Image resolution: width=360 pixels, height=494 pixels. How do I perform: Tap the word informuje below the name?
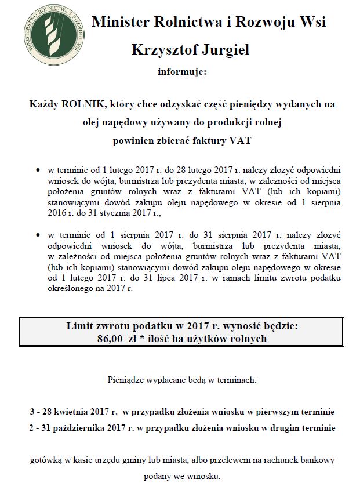(x=181, y=72)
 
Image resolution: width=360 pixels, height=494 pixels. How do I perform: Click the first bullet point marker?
(x=38, y=171)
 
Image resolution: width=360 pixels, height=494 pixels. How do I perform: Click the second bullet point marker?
(x=38, y=235)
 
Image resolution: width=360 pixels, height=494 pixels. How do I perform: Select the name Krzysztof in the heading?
(x=164, y=50)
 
